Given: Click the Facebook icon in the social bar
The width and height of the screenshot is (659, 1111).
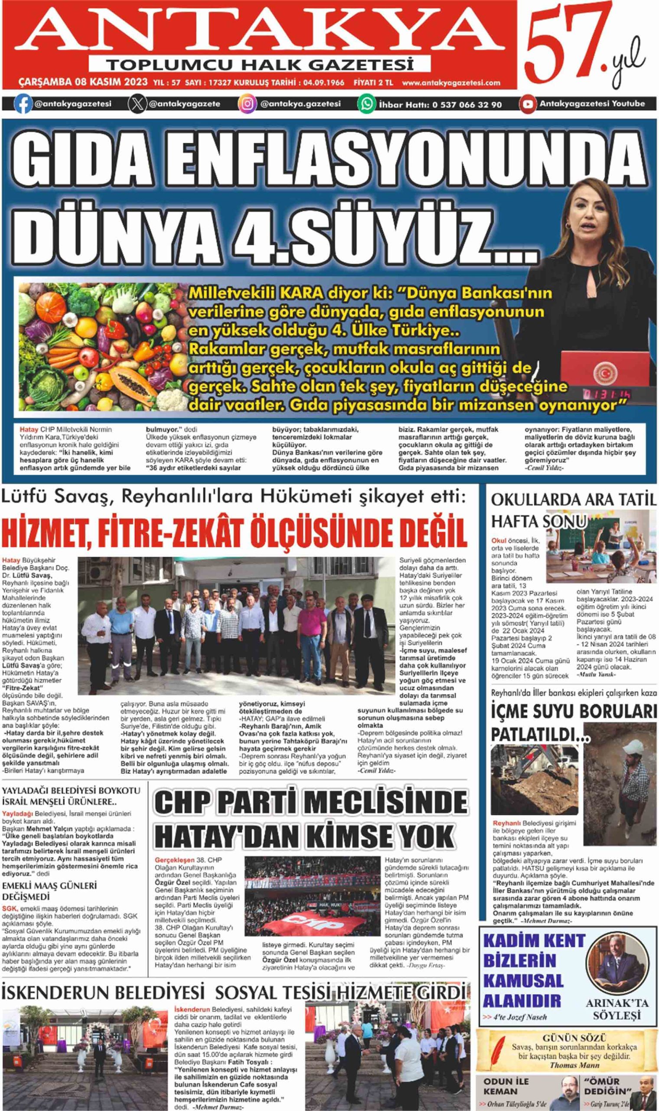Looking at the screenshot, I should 23,105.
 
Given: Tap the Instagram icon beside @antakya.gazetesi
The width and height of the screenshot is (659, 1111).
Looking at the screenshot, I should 248,105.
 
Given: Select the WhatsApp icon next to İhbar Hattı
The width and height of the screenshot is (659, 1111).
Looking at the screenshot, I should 367,105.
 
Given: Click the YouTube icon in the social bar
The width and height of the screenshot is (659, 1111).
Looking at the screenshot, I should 528,105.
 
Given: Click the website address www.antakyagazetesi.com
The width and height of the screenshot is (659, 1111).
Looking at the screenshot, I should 451,82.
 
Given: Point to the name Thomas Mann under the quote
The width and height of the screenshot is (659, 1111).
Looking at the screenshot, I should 574,1065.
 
